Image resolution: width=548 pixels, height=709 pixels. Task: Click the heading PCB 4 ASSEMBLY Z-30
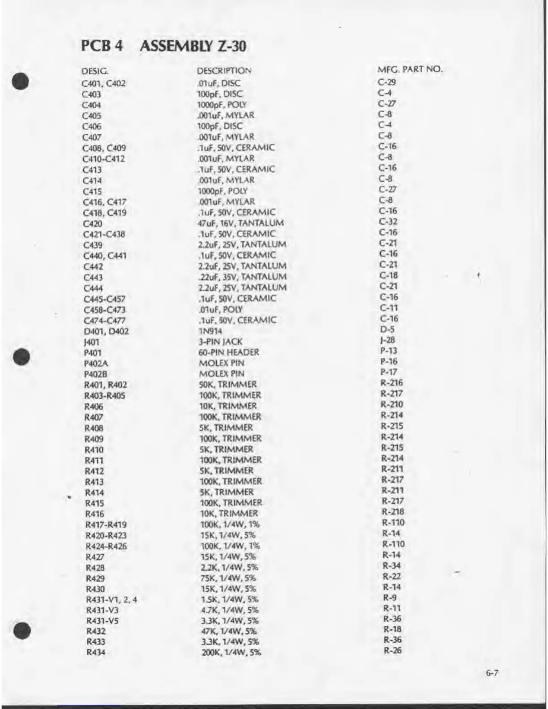point(163,46)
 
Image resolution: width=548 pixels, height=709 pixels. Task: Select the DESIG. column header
point(95,71)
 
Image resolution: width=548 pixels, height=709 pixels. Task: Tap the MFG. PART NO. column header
point(410,69)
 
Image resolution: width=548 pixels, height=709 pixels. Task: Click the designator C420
point(93,224)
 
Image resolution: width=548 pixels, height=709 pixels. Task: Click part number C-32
point(388,222)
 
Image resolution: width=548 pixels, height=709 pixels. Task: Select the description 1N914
point(210,331)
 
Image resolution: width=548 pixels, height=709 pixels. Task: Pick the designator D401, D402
point(106,331)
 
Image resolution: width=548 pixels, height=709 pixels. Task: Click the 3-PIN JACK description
point(220,342)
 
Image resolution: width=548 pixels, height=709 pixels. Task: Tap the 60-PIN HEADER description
point(228,352)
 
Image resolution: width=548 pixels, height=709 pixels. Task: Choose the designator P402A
point(96,363)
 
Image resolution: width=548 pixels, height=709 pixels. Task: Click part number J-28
point(387,340)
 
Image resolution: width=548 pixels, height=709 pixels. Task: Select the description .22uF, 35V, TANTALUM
point(242,277)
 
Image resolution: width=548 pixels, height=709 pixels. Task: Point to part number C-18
point(388,275)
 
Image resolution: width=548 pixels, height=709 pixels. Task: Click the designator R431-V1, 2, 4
point(111,600)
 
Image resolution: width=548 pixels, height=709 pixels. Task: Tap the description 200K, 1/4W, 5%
point(231,653)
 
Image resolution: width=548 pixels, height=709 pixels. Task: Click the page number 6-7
point(492,673)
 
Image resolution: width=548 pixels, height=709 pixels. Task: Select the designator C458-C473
point(105,310)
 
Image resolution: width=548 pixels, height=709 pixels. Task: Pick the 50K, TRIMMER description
point(228,384)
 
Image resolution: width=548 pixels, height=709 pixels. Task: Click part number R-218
point(393,512)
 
